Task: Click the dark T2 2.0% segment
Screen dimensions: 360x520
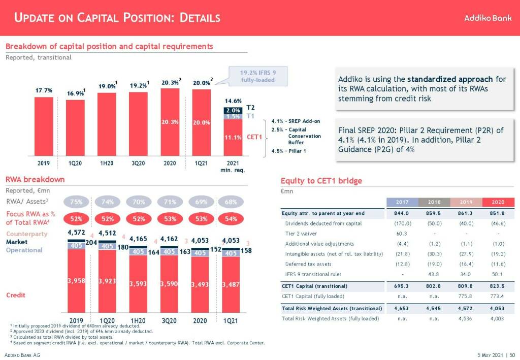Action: pyautogui.click(x=233, y=110)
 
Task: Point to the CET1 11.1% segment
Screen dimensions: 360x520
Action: pyautogui.click(x=233, y=137)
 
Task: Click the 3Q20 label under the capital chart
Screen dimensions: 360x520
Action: pyautogui.click(x=138, y=163)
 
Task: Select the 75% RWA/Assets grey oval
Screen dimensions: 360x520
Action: pyautogui.click(x=76, y=202)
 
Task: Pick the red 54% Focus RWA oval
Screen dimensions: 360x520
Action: pyautogui.click(x=231, y=219)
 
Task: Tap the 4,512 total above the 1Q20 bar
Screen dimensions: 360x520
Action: pyautogui.click(x=107, y=233)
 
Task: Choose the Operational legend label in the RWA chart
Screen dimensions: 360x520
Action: pyautogui.click(x=24, y=250)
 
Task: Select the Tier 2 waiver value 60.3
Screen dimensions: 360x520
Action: pyautogui.click(x=402, y=234)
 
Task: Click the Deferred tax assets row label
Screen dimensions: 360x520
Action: pyautogui.click(x=308, y=264)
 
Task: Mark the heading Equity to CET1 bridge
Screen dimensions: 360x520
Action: pyautogui.click(x=321, y=181)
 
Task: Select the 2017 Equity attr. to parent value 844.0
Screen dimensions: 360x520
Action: pyautogui.click(x=402, y=213)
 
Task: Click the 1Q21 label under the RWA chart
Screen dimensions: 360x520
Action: pyautogui.click(x=231, y=320)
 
